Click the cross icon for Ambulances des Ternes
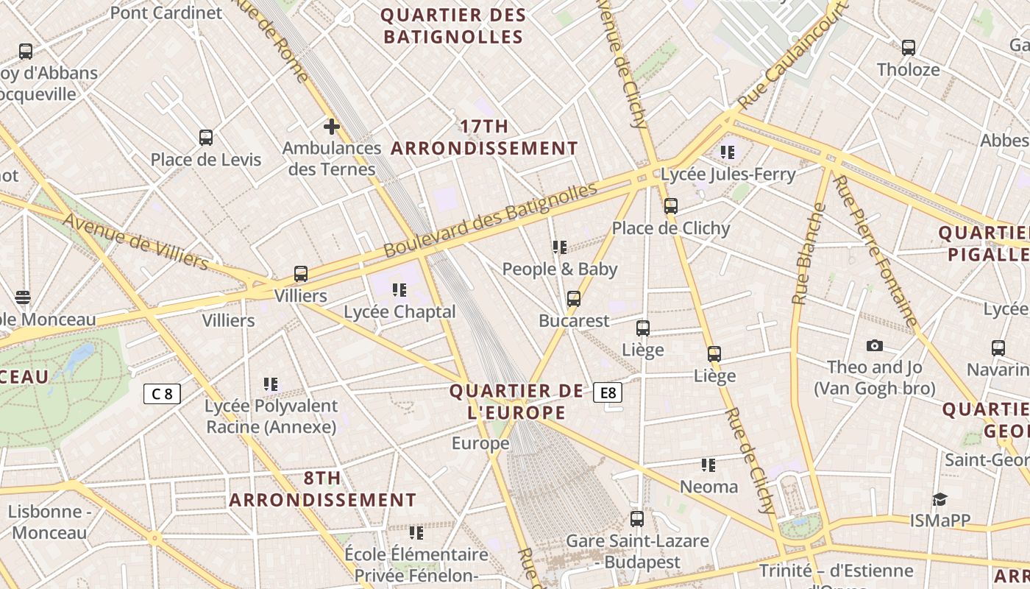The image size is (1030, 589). tap(332, 127)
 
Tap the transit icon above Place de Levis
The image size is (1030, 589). tap(206, 138)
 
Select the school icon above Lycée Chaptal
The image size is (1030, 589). tap(399, 290)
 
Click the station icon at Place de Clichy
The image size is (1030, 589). tap(670, 206)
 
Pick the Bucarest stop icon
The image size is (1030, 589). tap(574, 299)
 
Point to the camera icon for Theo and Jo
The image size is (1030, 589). tap(874, 345)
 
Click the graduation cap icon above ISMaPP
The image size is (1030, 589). tap(940, 499)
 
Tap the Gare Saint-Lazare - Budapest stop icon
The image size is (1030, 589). tap(637, 519)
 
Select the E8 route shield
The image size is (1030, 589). tap(608, 393)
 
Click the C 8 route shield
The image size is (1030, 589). tap(162, 394)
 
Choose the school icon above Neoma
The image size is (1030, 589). tap(708, 465)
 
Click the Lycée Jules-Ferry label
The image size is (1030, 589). tap(728, 174)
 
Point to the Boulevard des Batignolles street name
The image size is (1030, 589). tap(490, 220)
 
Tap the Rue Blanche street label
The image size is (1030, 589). tap(809, 253)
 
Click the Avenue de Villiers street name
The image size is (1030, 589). tap(135, 241)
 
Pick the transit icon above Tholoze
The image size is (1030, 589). tap(909, 48)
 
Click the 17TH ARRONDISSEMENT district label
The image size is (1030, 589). tap(484, 138)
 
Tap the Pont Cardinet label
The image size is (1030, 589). tap(166, 13)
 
